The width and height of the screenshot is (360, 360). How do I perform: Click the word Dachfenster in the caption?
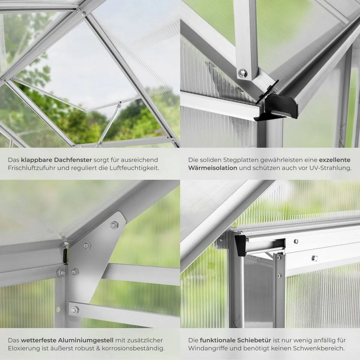coord(73,160)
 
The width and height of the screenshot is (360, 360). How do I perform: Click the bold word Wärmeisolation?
coord(213,168)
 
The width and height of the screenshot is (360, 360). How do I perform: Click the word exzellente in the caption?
coord(335,160)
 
